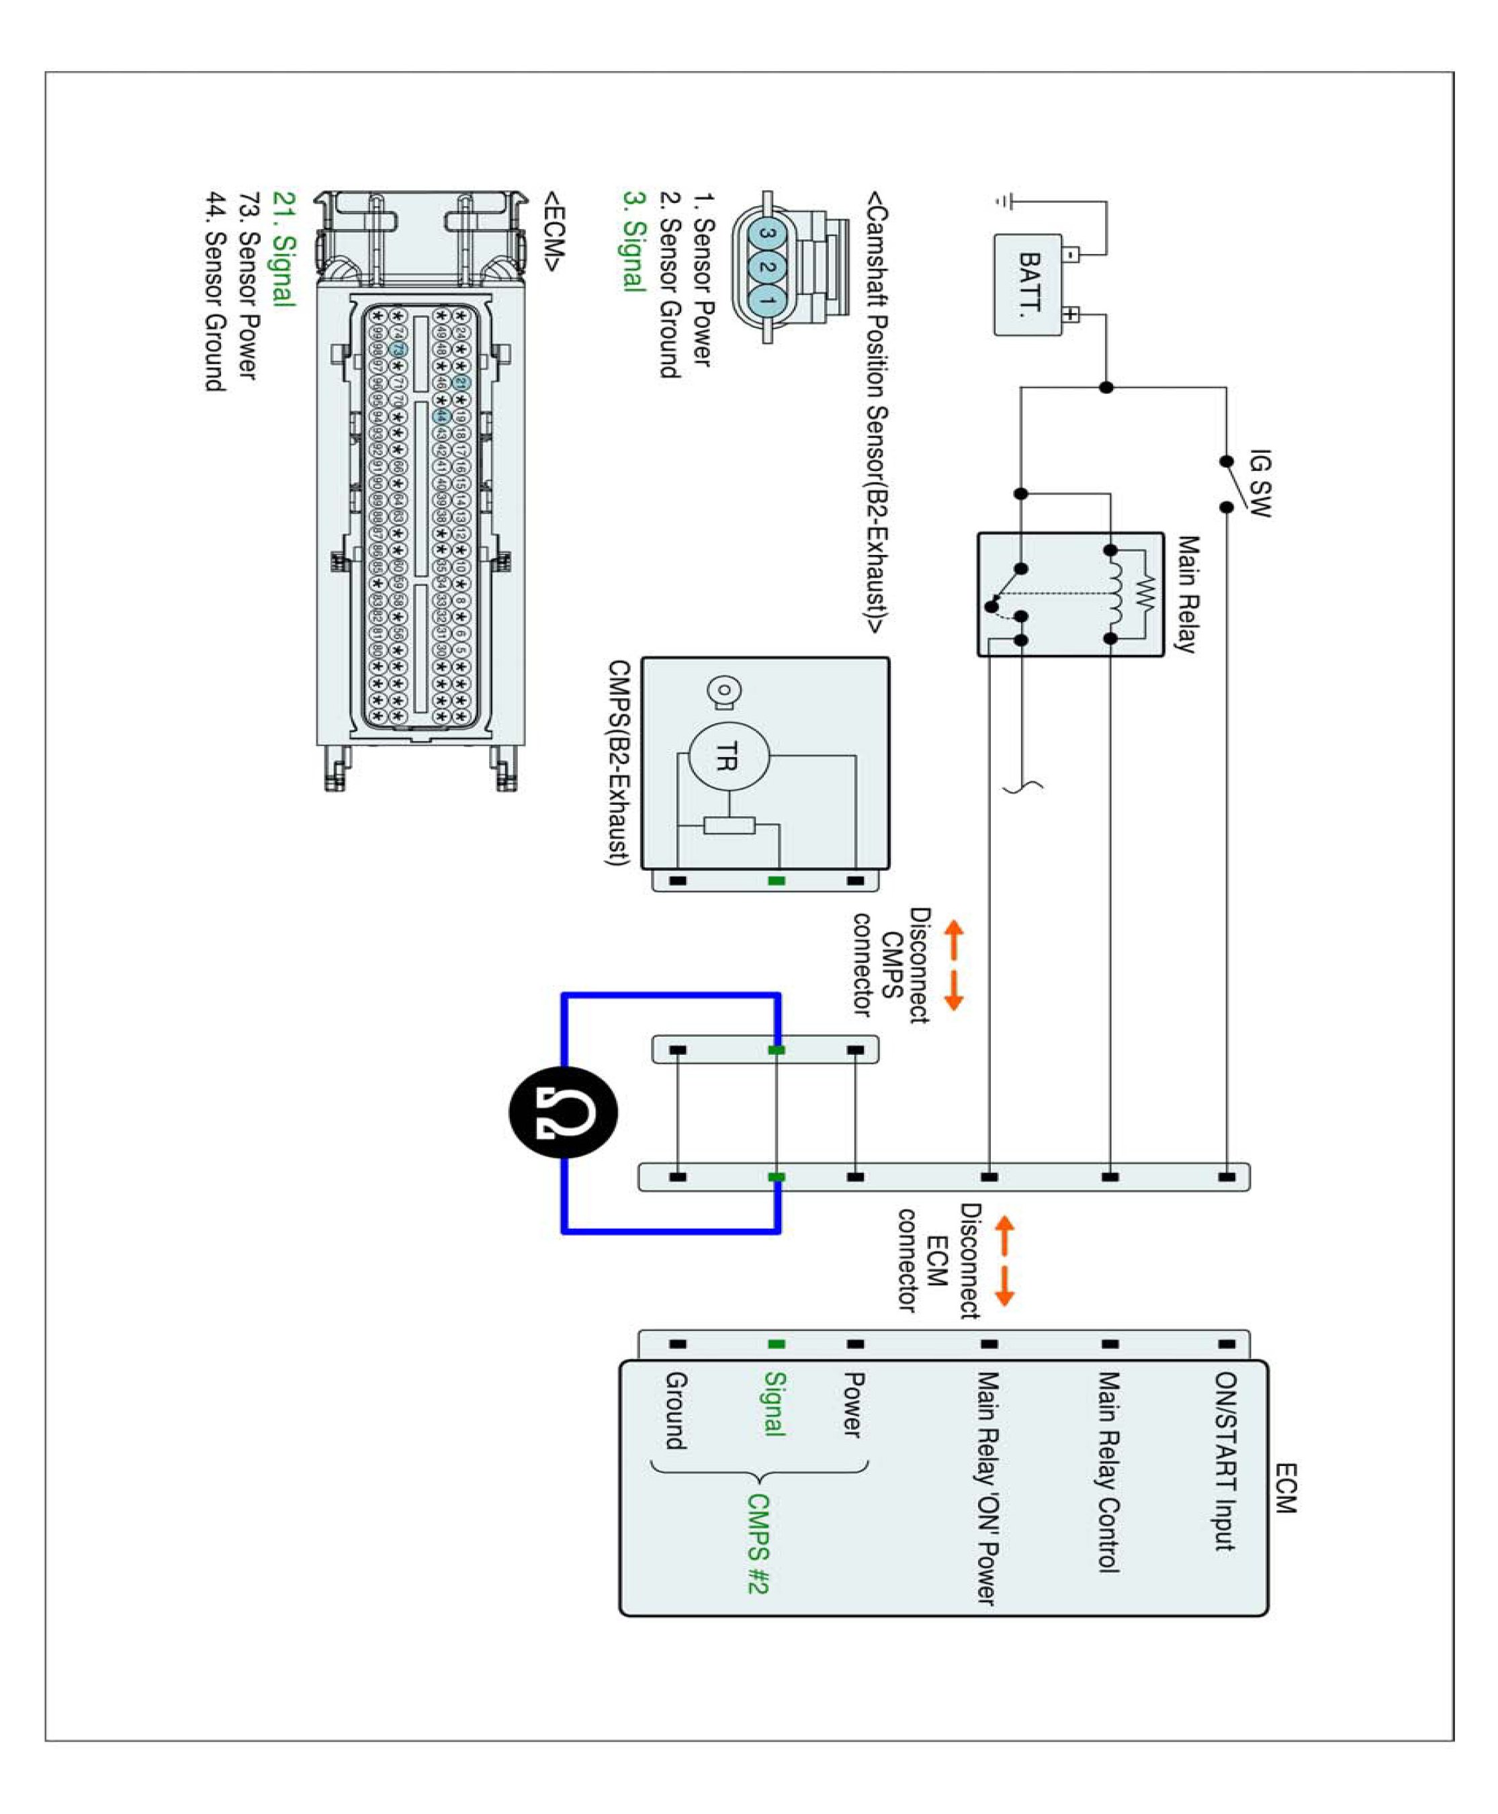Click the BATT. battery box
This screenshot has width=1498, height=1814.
1028,284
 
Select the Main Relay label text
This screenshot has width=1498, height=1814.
1188,595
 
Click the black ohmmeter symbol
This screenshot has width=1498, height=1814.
564,1111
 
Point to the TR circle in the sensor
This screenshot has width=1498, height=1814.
728,756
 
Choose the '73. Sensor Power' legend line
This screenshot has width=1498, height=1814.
249,286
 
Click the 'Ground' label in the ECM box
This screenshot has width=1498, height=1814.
676,1410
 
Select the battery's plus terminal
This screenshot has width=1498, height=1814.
1070,314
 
